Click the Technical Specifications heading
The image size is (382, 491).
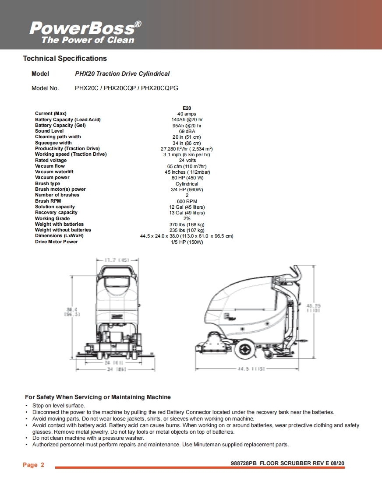65,58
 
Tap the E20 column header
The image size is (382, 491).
187,108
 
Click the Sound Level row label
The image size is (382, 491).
49,131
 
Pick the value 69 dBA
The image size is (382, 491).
187,131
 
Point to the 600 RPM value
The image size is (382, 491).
187,201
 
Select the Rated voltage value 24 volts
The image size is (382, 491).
187,160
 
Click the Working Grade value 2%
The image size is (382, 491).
187,218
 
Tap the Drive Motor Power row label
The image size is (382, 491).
56,242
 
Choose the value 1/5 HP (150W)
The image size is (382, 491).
187,242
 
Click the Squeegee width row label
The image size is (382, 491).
53,143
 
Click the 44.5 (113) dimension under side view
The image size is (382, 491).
251,369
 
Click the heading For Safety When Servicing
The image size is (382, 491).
98,397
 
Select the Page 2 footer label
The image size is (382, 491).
33,465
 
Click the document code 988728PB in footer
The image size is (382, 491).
243,463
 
